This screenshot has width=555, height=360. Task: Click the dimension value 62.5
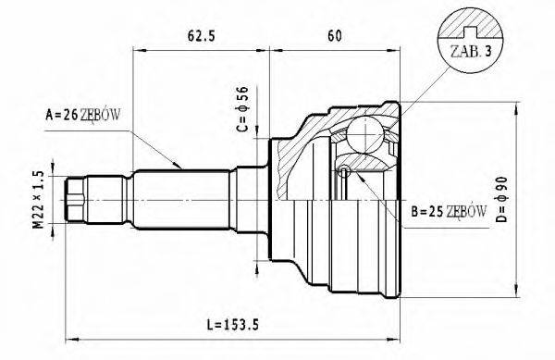(201, 37)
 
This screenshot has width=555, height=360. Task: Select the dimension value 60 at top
(334, 37)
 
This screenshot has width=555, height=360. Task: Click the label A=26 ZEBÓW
(83, 116)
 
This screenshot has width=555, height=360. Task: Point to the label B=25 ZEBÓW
(443, 212)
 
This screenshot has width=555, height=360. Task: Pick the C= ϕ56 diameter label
(242, 109)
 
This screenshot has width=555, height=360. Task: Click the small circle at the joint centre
(344, 170)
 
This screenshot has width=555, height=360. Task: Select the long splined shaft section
(185, 197)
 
